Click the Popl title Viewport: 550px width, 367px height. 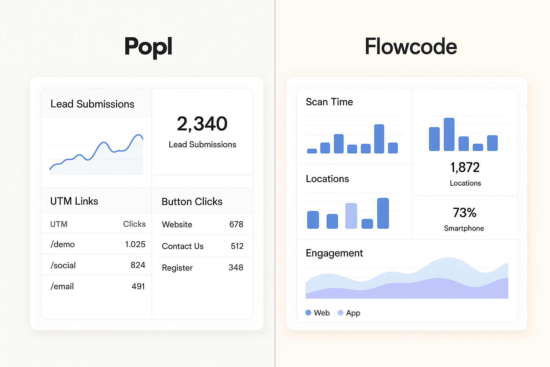(x=148, y=47)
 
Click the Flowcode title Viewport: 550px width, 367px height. (x=411, y=47)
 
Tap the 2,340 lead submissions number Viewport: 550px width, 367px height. (x=202, y=124)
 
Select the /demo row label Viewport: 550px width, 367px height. (x=63, y=244)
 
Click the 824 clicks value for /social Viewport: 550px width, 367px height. (x=138, y=265)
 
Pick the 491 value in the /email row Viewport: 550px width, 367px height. (x=138, y=286)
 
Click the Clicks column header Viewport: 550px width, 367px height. (x=134, y=224)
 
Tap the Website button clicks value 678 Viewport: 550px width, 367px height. (x=236, y=224)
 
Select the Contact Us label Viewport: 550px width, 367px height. (x=183, y=246)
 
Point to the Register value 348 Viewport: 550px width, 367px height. (x=236, y=268)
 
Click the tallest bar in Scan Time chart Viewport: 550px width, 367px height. (x=379, y=139)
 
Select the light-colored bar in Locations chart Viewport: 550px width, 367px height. (x=351, y=216)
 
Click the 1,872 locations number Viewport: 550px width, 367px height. (x=465, y=167)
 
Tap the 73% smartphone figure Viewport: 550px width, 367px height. (x=464, y=213)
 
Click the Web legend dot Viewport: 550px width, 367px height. (x=308, y=313)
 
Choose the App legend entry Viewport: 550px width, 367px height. (x=349, y=313)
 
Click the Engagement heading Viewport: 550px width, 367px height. (x=334, y=253)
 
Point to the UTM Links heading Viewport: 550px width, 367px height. (x=74, y=201)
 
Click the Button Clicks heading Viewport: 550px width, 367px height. (x=192, y=201)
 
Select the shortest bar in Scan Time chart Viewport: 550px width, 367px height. (x=312, y=151)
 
